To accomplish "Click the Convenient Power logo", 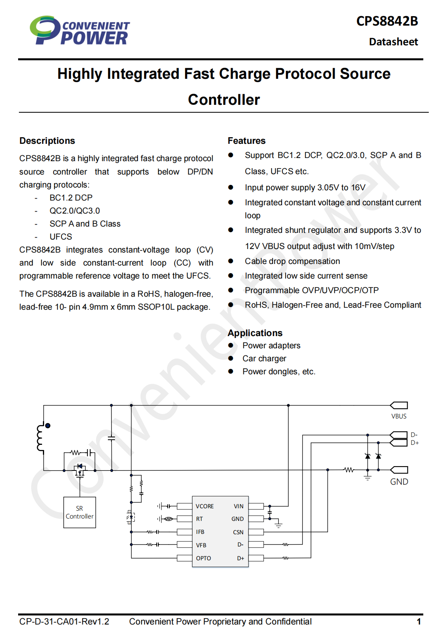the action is coord(80,30).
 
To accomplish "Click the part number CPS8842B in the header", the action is coord(387,21).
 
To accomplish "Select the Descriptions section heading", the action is coord(47,141).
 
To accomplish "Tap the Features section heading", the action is coord(246,141).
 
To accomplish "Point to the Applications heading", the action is coord(255,333).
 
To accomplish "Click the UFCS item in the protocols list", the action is coord(61,236).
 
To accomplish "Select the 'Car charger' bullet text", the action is coord(264,358).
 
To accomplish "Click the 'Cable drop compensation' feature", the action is coord(292,261).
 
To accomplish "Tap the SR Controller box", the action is coord(80,512).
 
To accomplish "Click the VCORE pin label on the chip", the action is coord(205,506).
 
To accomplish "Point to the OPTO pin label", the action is coord(203,558).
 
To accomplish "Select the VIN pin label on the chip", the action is coord(239,506).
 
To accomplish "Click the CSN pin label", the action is coord(238,532).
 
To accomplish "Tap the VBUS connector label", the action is coord(399,416).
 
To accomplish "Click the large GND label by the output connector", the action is coord(399,481).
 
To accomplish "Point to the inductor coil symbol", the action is coord(41,438).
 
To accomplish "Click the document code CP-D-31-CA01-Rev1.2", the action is coord(64,621).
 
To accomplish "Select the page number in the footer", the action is coord(419,621).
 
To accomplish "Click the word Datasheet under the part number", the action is coord(393,42).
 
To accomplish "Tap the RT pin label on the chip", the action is coord(199,519).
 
